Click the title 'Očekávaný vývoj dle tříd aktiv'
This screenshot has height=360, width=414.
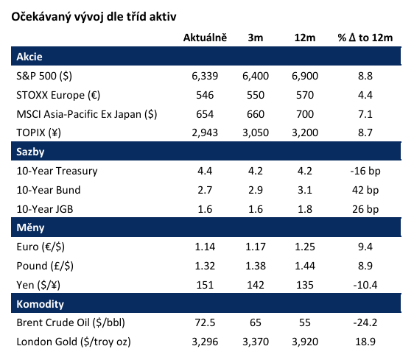[94, 17]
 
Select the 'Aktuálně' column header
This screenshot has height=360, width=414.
[205, 38]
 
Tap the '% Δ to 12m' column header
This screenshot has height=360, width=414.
[365, 38]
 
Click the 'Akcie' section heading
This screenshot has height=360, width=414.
[29, 57]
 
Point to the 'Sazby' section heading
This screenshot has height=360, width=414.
[30, 152]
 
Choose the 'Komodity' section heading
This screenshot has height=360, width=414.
[40, 304]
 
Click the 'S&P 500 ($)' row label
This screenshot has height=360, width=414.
[44, 76]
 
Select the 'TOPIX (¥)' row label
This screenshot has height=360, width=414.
[38, 133]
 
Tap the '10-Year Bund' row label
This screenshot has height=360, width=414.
[49, 190]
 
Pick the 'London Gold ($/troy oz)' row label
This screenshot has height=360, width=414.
[74, 342]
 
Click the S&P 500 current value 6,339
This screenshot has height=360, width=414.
[205, 76]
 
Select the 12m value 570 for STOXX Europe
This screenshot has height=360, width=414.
[305, 95]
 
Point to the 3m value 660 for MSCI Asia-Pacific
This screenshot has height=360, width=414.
[256, 114]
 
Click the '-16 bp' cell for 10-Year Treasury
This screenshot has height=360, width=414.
[365, 171]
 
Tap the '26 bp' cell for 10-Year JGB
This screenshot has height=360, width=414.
[365, 209]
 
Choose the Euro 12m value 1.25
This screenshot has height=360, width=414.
[305, 247]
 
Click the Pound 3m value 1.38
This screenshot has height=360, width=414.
[256, 266]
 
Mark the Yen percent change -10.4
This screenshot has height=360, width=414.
[365, 285]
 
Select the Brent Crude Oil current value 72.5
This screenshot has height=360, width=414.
[205, 322]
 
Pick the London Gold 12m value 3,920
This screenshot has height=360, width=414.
[305, 342]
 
